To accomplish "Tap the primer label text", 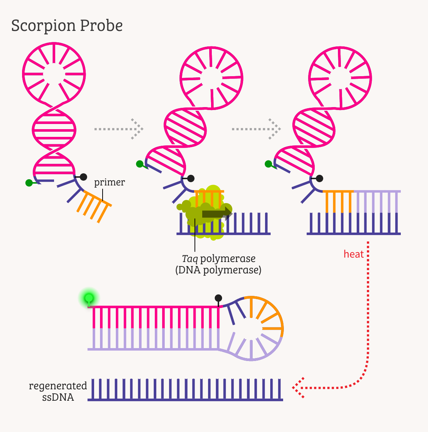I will (110, 182).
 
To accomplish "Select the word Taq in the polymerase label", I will (190, 259).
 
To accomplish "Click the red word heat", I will (353, 254).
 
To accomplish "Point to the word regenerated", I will (58, 386).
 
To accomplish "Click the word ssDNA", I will (58, 397).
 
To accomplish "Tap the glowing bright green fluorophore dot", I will (89, 298).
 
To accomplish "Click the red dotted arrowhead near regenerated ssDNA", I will (298, 387).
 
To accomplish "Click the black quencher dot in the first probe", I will (83, 177).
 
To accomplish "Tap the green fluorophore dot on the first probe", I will (29, 183).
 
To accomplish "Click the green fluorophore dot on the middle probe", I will (140, 164).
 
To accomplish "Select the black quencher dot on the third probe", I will (320, 178).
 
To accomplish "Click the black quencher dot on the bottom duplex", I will (218, 298).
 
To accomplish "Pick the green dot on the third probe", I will (268, 164).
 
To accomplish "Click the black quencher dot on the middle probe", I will (191, 178).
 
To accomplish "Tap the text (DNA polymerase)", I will (218, 270).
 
